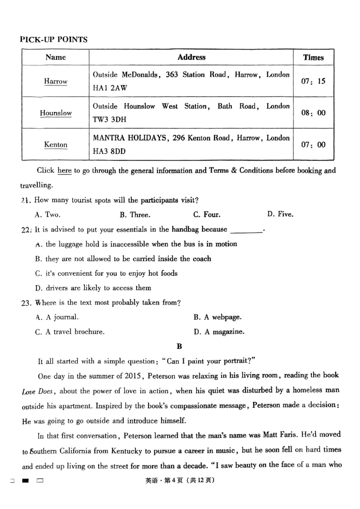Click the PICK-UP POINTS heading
pyautogui.click(x=54, y=40)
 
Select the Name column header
pyautogui.click(x=55, y=58)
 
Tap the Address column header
pyautogui.click(x=191, y=57)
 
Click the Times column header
pyautogui.click(x=313, y=58)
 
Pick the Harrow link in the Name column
pyautogui.click(x=56, y=81)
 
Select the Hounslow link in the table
pyautogui.click(x=56, y=113)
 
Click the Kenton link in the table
pyautogui.click(x=56, y=145)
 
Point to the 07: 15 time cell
pyautogui.click(x=313, y=81)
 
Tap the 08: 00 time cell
pyautogui.click(x=313, y=113)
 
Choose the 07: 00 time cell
pyautogui.click(x=313, y=145)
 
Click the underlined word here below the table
pyautogui.click(x=64, y=170)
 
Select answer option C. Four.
pyautogui.click(x=207, y=214)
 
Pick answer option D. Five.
pyautogui.click(x=280, y=214)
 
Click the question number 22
pyautogui.click(x=25, y=230)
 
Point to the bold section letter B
pyautogui.click(x=179, y=346)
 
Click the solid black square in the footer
pyautogui.click(x=26, y=481)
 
